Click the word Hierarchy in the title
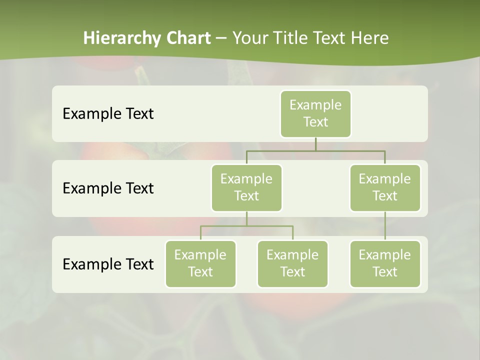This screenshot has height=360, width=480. tap(120, 38)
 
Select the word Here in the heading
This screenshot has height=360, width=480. tap(370, 38)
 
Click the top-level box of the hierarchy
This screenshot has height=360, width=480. tap(315, 114)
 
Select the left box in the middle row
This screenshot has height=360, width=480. tap(246, 188)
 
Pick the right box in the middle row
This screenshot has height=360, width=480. tap(385, 188)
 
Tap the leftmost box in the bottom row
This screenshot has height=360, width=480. tap(200, 264)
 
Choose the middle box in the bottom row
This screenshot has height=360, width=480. tap(292, 264)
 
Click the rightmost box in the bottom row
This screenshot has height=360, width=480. tap(385, 264)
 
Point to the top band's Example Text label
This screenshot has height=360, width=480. tap(108, 114)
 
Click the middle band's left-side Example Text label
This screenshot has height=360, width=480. tap(108, 188)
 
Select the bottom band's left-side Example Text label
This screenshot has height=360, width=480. tap(108, 264)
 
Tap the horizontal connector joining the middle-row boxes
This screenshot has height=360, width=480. tap(315, 150)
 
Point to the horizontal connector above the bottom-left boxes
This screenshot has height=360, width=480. tap(246, 226)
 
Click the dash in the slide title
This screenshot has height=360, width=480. tap(221, 38)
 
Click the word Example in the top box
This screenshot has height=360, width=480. tap(315, 105)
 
